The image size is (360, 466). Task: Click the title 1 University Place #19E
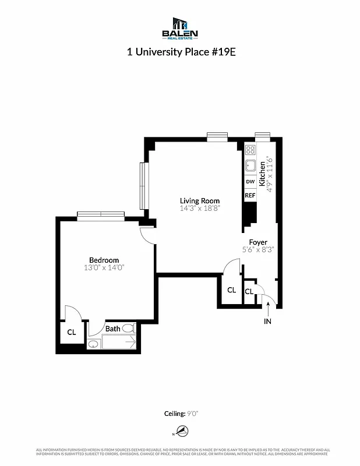pyautogui.click(x=180, y=51)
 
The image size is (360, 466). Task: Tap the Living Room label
pyautogui.click(x=199, y=201)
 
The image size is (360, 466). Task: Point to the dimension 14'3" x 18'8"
pyautogui.click(x=199, y=209)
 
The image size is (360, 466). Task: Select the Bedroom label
pyautogui.click(x=104, y=260)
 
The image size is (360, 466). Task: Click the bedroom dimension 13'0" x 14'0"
pyautogui.click(x=104, y=268)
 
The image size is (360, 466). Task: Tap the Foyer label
pyautogui.click(x=258, y=242)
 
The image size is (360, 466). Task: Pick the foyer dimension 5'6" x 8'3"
pyautogui.click(x=258, y=249)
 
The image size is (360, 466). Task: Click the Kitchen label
pyautogui.click(x=262, y=174)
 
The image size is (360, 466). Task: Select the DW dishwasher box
pyautogui.click(x=250, y=182)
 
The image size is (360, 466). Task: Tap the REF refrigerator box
pyautogui.click(x=250, y=196)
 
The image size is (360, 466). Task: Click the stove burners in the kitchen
pyautogui.click(x=250, y=150)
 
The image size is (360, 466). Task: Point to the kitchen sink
pyautogui.click(x=250, y=165)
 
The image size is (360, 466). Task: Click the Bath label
pyautogui.click(x=112, y=329)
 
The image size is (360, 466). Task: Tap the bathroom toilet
pyautogui.click(x=128, y=329)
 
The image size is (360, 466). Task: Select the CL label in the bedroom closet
pyautogui.click(x=71, y=333)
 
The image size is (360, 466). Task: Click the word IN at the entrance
pyautogui.click(x=268, y=321)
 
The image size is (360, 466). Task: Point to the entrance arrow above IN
pyautogui.click(x=268, y=306)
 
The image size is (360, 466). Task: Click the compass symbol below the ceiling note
pyautogui.click(x=183, y=432)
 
